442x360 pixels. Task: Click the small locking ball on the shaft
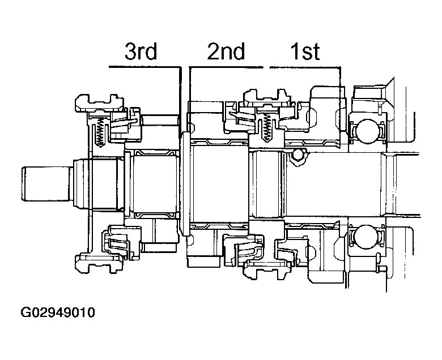tap(297, 155)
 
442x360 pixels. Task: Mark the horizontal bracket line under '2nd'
tap(227, 67)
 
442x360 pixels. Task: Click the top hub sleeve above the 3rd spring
tap(100, 102)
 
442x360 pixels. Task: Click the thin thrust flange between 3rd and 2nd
tap(184, 184)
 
